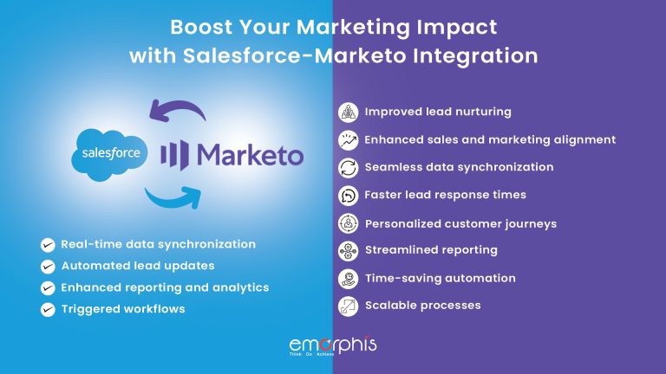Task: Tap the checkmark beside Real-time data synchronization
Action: [48, 245]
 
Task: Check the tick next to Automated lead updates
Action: [48, 267]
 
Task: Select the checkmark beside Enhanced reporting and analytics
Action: [48, 287]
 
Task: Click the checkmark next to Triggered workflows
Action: [48, 309]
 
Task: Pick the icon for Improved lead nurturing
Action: [347, 112]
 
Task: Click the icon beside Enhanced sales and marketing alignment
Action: [347, 139]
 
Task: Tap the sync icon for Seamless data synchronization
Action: [347, 167]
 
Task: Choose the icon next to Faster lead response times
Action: [347, 195]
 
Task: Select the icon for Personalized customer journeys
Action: [347, 223]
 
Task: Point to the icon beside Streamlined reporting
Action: [347, 250]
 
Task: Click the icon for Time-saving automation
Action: [347, 278]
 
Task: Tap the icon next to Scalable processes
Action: [347, 306]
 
